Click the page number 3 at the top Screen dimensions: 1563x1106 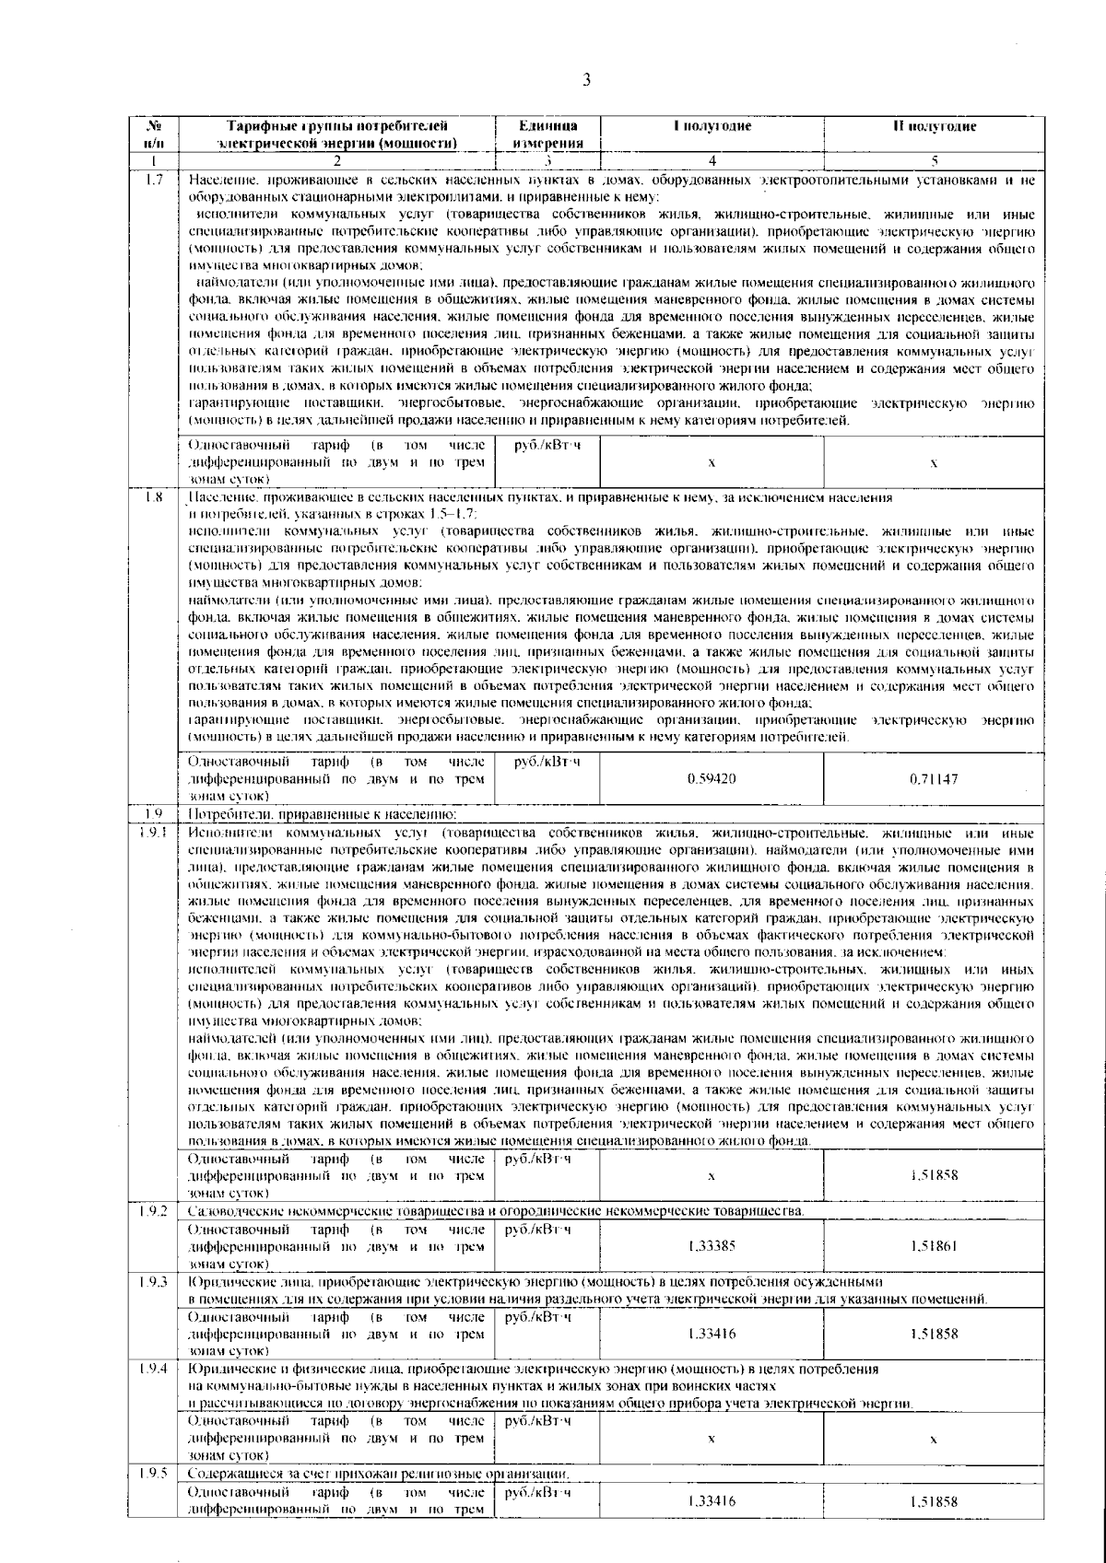click(586, 80)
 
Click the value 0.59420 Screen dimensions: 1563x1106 click(712, 778)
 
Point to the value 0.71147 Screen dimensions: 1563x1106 click(933, 778)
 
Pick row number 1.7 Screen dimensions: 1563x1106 click(154, 178)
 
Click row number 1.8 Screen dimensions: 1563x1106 click(154, 498)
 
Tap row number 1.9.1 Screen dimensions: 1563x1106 click(154, 834)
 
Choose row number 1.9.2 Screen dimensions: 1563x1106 click(154, 1210)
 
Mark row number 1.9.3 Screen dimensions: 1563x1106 click(154, 1282)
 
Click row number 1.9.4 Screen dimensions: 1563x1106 click(154, 1370)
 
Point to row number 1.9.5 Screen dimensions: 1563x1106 click(154, 1473)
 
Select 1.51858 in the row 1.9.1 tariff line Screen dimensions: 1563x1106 click(933, 1175)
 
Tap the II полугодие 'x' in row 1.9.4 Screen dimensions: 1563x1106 click(933, 1438)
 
